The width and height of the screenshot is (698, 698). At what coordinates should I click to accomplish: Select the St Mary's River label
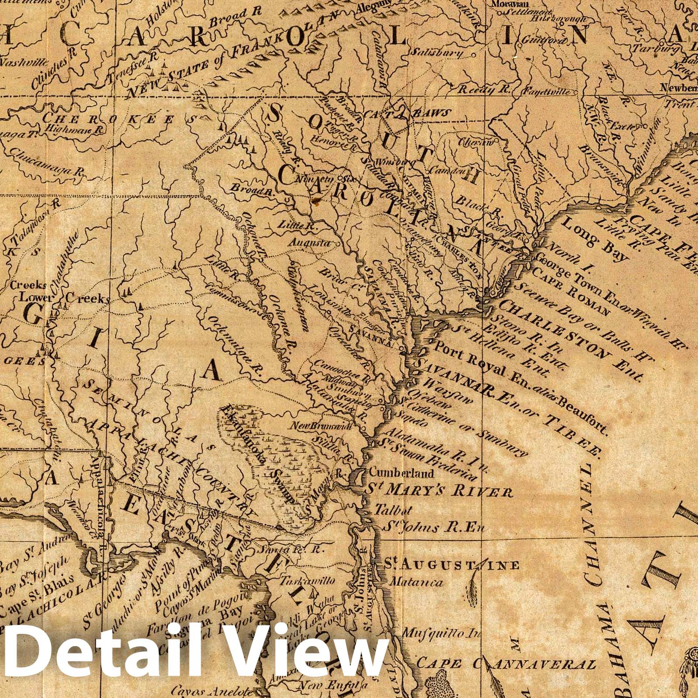coord(438,492)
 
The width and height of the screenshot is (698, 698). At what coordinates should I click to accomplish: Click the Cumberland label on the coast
coord(401,473)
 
